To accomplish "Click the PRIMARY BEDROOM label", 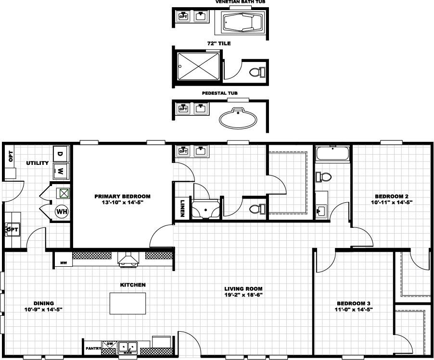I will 122,196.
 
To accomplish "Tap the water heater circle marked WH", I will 62,211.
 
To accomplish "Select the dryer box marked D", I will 61,154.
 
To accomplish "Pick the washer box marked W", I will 61,170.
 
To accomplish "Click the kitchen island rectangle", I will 128,303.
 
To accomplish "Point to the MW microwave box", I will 63,262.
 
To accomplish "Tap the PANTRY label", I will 92,348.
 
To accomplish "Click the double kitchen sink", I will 128,347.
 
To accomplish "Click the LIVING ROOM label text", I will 243,289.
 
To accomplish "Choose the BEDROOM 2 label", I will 392,196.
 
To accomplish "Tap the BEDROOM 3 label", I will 354,303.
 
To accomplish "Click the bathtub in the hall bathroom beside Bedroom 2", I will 332,154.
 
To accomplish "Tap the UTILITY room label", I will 38,163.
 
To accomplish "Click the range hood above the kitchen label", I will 128,260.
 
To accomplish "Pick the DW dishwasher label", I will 109,344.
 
